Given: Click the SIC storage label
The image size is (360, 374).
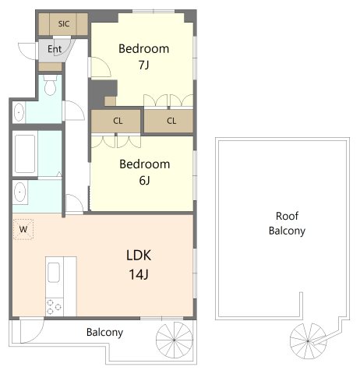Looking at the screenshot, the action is point(64,24).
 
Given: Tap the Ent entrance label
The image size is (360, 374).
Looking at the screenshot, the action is point(55,49).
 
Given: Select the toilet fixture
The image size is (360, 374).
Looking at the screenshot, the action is point(50,85).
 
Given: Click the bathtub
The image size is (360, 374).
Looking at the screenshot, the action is point(25,153).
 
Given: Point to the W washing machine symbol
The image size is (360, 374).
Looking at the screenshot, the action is point(23,229).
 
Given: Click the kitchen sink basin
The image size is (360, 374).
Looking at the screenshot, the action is point(54,272).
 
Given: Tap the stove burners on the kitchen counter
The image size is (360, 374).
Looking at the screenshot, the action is point(54,307).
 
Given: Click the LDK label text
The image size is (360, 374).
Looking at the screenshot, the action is point(139,256).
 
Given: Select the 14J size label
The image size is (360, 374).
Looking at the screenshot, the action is point(139,274).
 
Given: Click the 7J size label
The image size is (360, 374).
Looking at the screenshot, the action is point(143,65).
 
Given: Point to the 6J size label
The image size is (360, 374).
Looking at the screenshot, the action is point(144,180).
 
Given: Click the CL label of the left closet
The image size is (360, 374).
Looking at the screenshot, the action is point(118,121).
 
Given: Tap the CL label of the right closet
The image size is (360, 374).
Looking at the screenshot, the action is point(171,121).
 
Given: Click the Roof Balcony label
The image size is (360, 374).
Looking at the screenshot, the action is point(287,224).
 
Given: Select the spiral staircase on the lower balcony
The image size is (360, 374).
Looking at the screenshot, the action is point(175,340).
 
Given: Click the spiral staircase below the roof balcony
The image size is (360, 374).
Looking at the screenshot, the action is point(308,341).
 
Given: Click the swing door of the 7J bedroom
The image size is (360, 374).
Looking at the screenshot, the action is point(100,67).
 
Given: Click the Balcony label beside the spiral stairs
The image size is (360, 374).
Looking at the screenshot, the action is point(104,332).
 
